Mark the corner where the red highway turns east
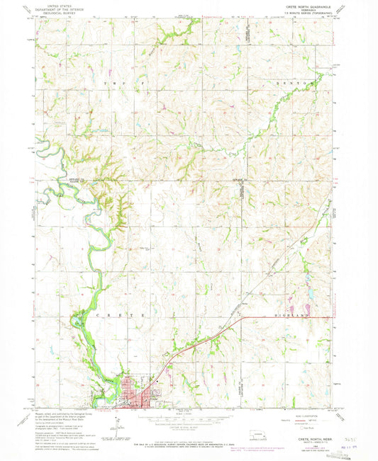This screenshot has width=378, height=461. (243, 318)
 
